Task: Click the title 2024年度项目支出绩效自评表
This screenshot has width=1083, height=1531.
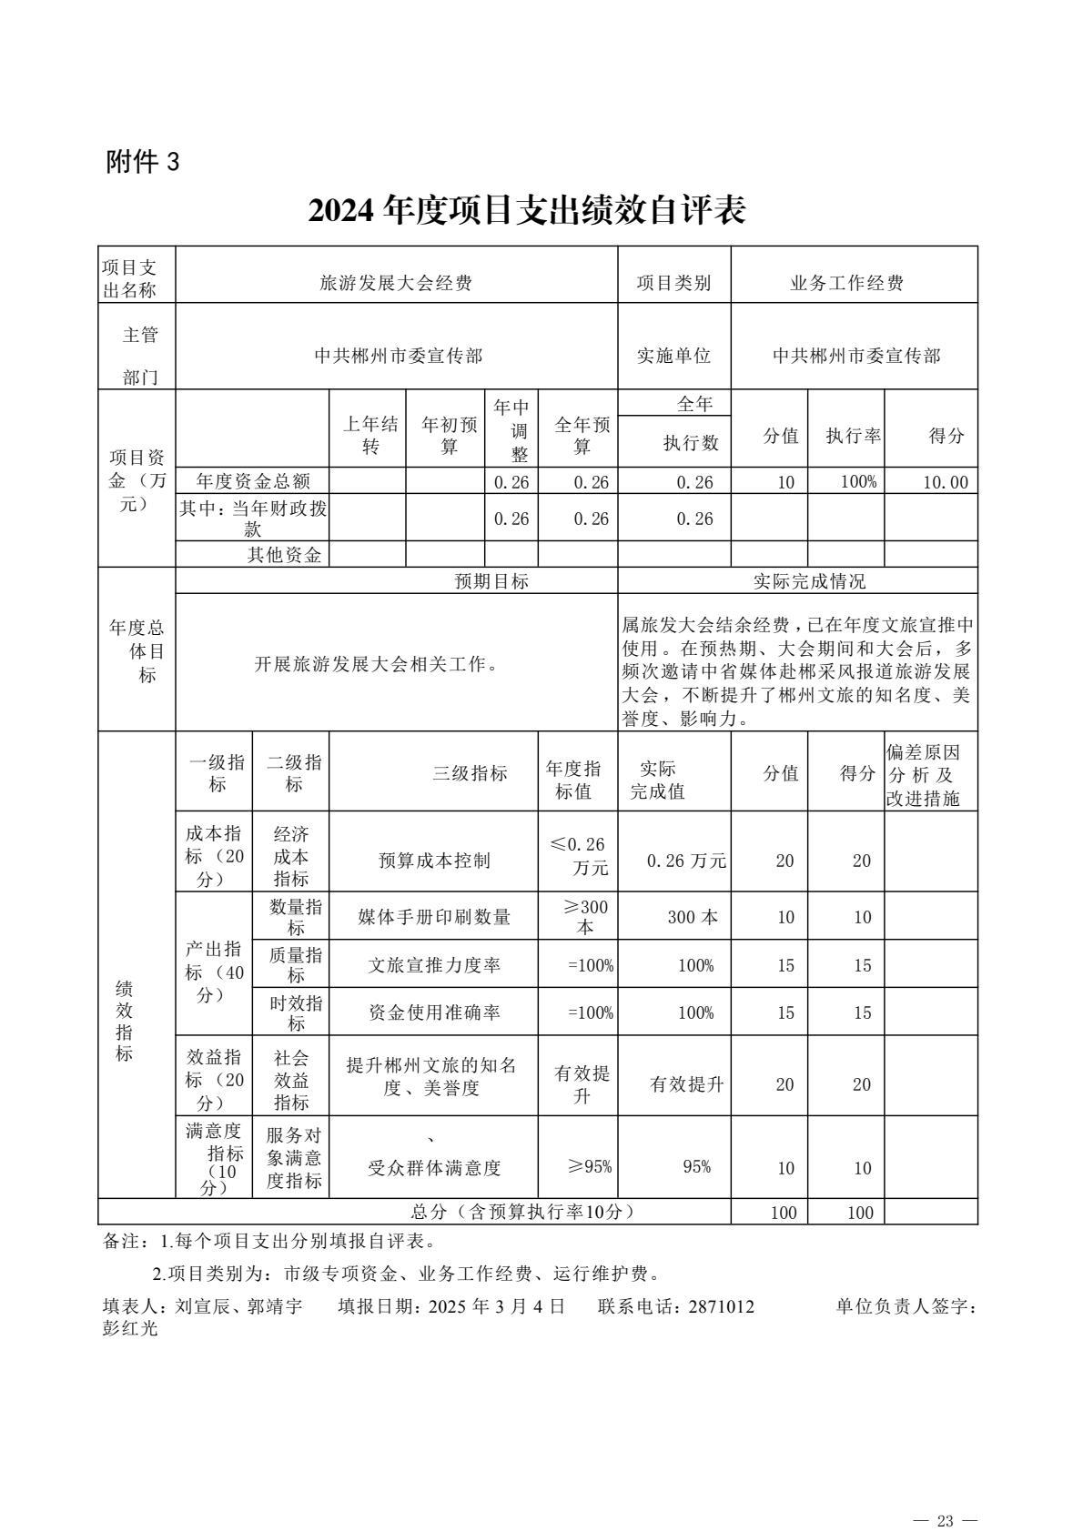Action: pos(527,211)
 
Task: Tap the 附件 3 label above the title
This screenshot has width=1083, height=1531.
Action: pos(144,162)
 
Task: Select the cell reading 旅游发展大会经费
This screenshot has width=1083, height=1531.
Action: pos(396,284)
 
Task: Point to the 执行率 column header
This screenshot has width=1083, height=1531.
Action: pos(853,436)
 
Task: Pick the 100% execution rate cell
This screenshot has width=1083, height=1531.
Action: pos(858,482)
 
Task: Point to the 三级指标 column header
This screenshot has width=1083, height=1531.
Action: pos(470,774)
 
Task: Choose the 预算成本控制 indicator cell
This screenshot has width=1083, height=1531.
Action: pos(434,861)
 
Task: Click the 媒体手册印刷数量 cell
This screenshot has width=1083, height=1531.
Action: pos(434,917)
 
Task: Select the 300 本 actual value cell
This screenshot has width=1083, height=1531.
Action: pos(693,917)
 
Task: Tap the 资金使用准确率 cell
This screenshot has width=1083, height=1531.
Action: pos(434,1012)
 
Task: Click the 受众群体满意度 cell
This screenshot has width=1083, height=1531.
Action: pos(434,1168)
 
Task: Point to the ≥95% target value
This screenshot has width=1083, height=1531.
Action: pos(590,1166)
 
